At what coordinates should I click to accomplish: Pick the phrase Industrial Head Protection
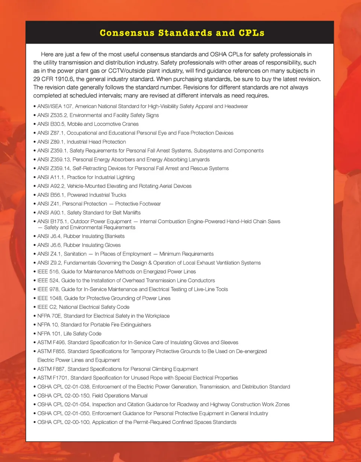pyautogui.click(x=96, y=142)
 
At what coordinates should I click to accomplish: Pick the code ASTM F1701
pyautogui.click(x=52, y=378)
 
